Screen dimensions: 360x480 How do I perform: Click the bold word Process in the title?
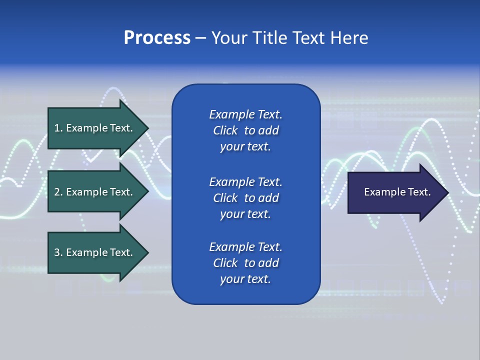click(x=157, y=38)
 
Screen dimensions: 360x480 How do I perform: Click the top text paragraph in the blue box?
click(x=245, y=130)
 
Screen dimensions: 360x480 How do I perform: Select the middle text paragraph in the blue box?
click(x=245, y=198)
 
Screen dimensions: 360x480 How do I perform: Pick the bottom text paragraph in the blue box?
click(x=245, y=263)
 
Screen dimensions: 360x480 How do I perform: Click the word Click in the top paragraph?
click(x=225, y=130)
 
